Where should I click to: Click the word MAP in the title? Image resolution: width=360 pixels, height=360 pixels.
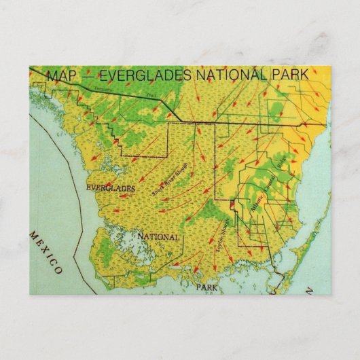[60, 75]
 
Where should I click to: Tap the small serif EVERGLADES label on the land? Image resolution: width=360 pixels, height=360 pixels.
[111, 187]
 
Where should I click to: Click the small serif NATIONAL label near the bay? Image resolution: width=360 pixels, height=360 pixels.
[159, 238]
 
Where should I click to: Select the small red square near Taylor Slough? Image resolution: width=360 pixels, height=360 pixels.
[232, 202]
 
